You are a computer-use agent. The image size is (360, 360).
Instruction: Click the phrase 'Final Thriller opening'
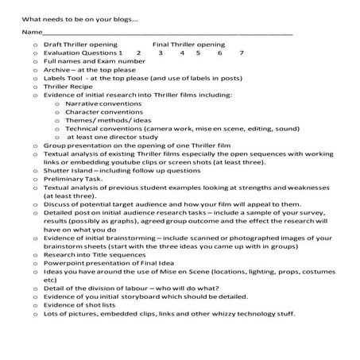188,44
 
